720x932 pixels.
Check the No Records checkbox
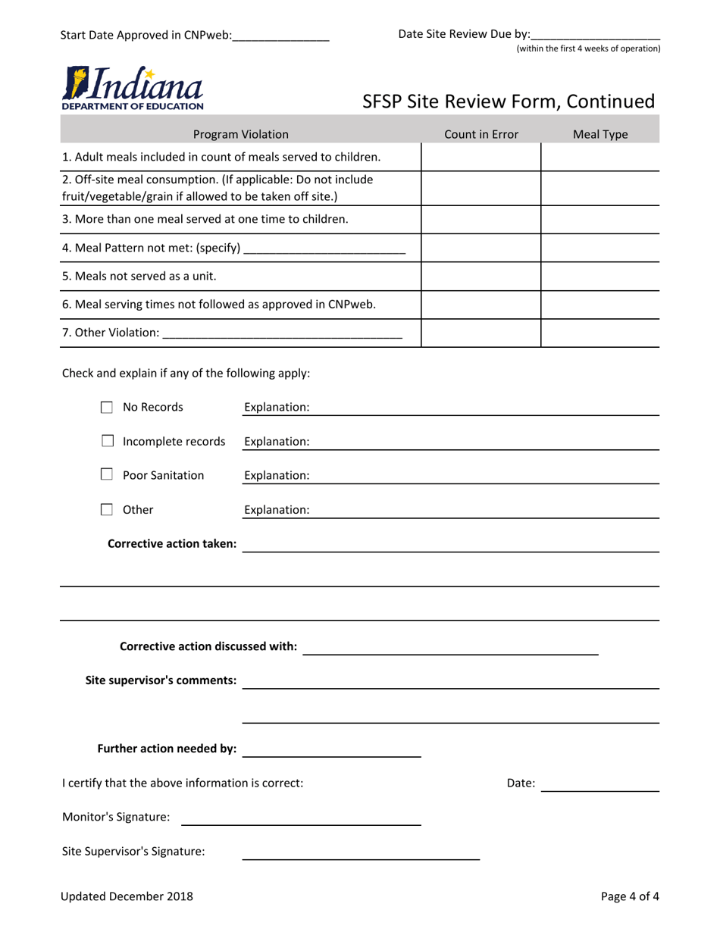108,408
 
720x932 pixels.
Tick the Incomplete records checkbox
108,441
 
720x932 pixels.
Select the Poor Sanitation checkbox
108,475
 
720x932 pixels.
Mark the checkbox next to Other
108,510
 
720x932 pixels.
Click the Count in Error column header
481,135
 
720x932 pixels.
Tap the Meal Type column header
599,135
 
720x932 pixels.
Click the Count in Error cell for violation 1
481,157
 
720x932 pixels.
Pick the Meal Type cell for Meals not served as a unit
599,276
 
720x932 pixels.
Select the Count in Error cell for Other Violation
481,333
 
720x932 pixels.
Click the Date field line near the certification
600,785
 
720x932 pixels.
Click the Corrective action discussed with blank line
450,648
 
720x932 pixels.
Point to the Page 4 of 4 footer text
630,897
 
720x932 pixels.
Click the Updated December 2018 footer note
127,897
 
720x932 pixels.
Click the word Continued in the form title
608,102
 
